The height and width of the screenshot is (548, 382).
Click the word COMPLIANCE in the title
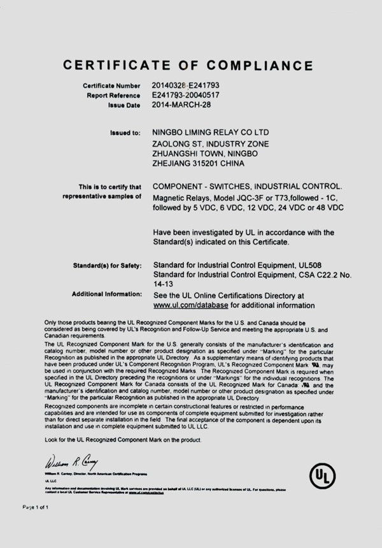click(x=258, y=65)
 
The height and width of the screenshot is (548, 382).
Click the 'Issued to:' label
click(x=125, y=133)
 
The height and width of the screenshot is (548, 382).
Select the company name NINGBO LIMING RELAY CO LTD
click(x=216, y=133)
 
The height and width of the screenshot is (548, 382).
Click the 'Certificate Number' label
click(x=111, y=85)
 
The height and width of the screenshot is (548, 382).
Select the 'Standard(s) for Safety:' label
click(x=107, y=264)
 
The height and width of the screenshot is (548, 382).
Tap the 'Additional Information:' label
click(x=106, y=294)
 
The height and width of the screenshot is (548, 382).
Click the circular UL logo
click(x=322, y=475)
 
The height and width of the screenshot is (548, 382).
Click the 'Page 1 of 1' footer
click(x=36, y=507)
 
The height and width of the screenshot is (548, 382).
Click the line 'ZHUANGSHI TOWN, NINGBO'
click(x=205, y=154)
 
